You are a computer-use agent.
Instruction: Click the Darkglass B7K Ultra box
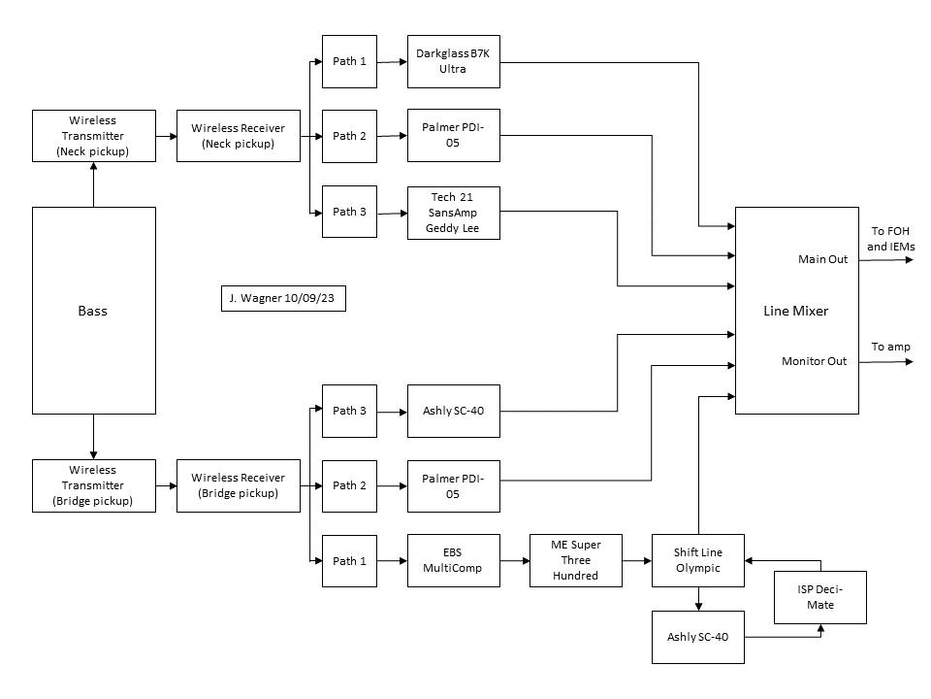(x=454, y=62)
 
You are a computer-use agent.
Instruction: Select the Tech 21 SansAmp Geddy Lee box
(x=454, y=213)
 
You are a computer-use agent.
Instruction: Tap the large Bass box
(x=94, y=311)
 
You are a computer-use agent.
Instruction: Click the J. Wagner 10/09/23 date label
(x=283, y=298)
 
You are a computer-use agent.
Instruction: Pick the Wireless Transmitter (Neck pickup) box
(x=94, y=136)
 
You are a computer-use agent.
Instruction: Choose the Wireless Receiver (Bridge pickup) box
(x=239, y=485)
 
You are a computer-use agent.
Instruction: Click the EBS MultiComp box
(x=454, y=560)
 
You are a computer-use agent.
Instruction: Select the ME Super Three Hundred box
(x=576, y=560)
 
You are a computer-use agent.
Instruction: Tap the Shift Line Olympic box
(x=698, y=560)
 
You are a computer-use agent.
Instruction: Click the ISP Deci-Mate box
(x=820, y=597)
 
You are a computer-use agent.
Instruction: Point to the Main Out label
(x=823, y=259)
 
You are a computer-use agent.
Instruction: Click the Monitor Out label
(x=814, y=361)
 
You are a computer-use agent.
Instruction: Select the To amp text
(x=890, y=348)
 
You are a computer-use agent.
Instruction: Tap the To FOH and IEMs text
(x=890, y=239)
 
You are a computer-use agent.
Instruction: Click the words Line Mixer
(x=795, y=311)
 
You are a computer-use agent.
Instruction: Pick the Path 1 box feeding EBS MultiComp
(x=350, y=561)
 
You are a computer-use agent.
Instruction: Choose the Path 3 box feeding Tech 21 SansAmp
(x=350, y=212)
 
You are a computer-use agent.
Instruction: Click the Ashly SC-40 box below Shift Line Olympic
(x=698, y=637)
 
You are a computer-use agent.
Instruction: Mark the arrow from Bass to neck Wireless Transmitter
(x=93, y=184)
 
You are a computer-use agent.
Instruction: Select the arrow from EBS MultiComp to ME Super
(x=515, y=560)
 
